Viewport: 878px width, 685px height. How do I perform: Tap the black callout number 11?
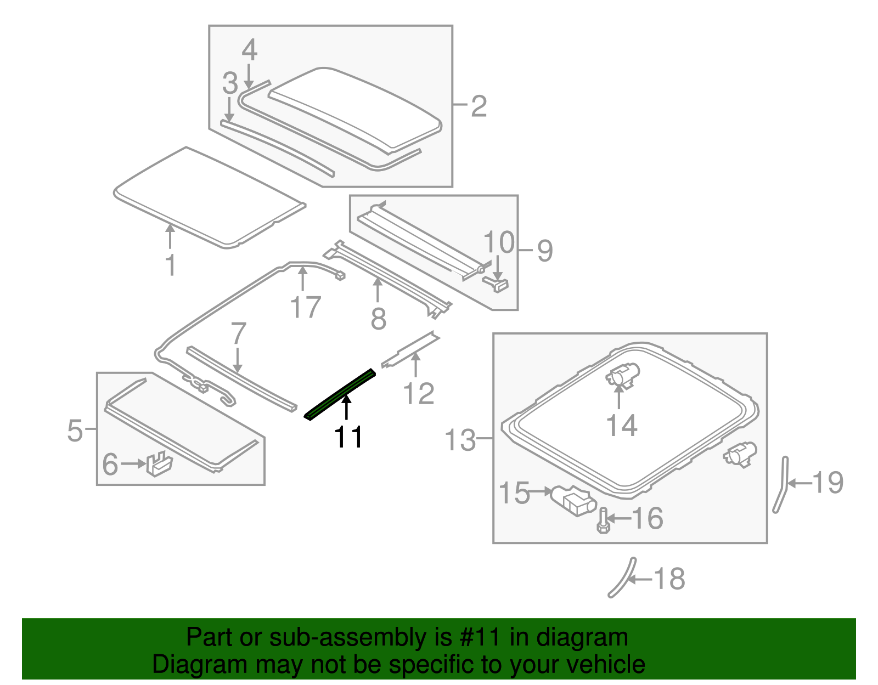(x=348, y=437)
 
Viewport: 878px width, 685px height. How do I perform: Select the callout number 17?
(x=305, y=307)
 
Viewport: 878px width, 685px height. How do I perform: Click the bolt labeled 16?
(x=603, y=520)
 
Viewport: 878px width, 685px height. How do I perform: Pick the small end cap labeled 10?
(x=497, y=284)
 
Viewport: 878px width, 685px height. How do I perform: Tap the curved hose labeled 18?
(x=622, y=578)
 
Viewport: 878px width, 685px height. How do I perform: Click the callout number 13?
(x=460, y=439)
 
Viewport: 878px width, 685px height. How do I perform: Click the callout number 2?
(x=479, y=106)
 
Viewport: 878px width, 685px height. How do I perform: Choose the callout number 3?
(x=230, y=83)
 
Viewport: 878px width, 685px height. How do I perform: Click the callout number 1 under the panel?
(x=171, y=265)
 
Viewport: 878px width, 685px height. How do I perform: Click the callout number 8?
(x=378, y=319)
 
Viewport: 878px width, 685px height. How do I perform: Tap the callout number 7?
(x=238, y=333)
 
